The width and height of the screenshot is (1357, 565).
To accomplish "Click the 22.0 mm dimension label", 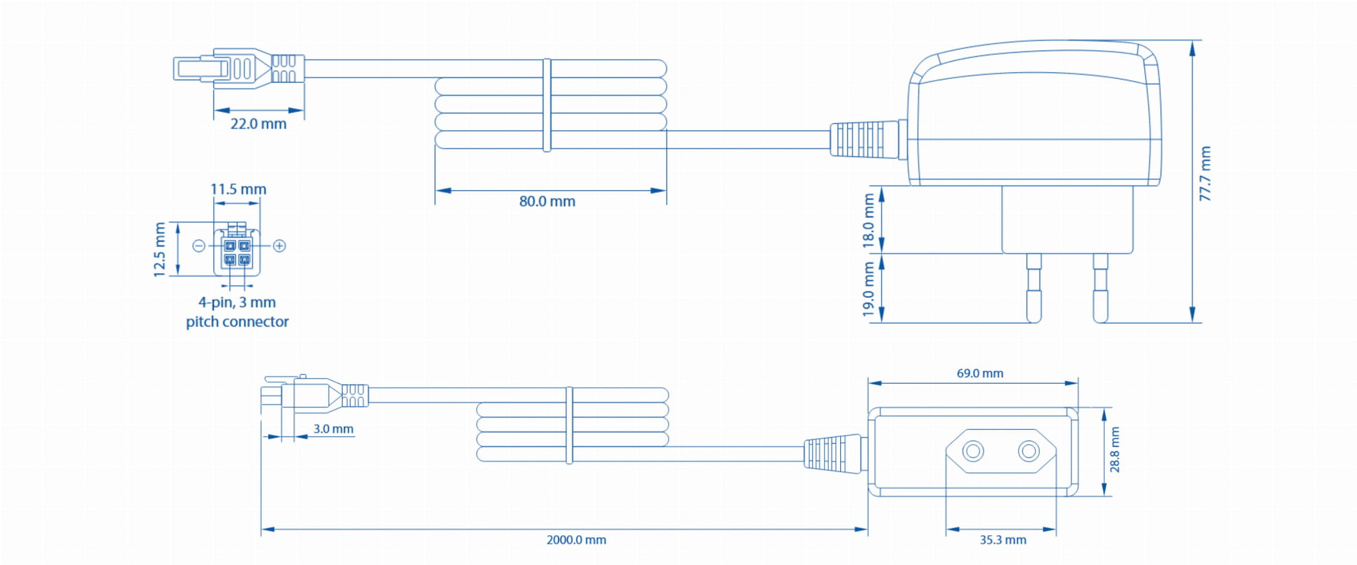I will pyautogui.click(x=258, y=124).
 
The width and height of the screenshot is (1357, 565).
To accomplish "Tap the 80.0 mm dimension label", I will pyautogui.click(x=547, y=201).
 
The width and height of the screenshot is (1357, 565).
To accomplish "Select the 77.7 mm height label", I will pyautogui.click(x=1205, y=174).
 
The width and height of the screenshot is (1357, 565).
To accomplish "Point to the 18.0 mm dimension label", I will pyautogui.click(x=869, y=221).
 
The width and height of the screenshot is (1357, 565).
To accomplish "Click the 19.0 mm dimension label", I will pyautogui.click(x=869, y=289).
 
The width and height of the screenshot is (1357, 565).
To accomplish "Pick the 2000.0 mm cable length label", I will pyautogui.click(x=576, y=540).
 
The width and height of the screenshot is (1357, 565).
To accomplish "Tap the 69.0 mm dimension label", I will pyautogui.click(x=979, y=374).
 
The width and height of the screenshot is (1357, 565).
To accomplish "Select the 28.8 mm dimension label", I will pyautogui.click(x=1115, y=450).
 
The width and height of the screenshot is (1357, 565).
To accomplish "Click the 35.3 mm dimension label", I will pyautogui.click(x=1003, y=540).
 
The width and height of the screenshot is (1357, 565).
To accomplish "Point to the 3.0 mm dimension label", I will pyautogui.click(x=333, y=429).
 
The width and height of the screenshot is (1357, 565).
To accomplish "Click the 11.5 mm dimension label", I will pyautogui.click(x=239, y=189).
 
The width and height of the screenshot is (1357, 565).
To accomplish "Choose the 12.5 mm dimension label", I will pyautogui.click(x=160, y=250).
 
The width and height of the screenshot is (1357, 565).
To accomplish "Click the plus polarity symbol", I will pyautogui.click(x=280, y=246).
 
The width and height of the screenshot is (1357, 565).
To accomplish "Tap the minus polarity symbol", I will pyautogui.click(x=198, y=246).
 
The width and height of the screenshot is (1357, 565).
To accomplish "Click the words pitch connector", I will pyautogui.click(x=237, y=322).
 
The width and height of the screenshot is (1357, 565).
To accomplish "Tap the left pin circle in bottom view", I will pyautogui.click(x=973, y=452).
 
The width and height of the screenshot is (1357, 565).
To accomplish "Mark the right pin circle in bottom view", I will pyautogui.click(x=1029, y=452).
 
